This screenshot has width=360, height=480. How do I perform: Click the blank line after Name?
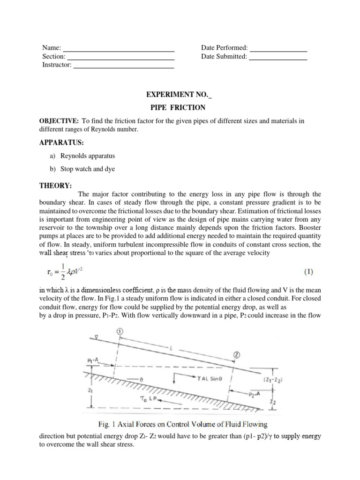point(119,50)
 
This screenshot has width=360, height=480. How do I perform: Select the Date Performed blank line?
point(278,50)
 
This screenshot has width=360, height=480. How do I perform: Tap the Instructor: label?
point(57,65)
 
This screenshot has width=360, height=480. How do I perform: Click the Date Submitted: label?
point(224,57)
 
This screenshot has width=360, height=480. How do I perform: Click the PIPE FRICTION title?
point(180,107)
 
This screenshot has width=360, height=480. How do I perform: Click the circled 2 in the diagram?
point(237,355)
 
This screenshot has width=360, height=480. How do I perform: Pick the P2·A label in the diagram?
point(256,394)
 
